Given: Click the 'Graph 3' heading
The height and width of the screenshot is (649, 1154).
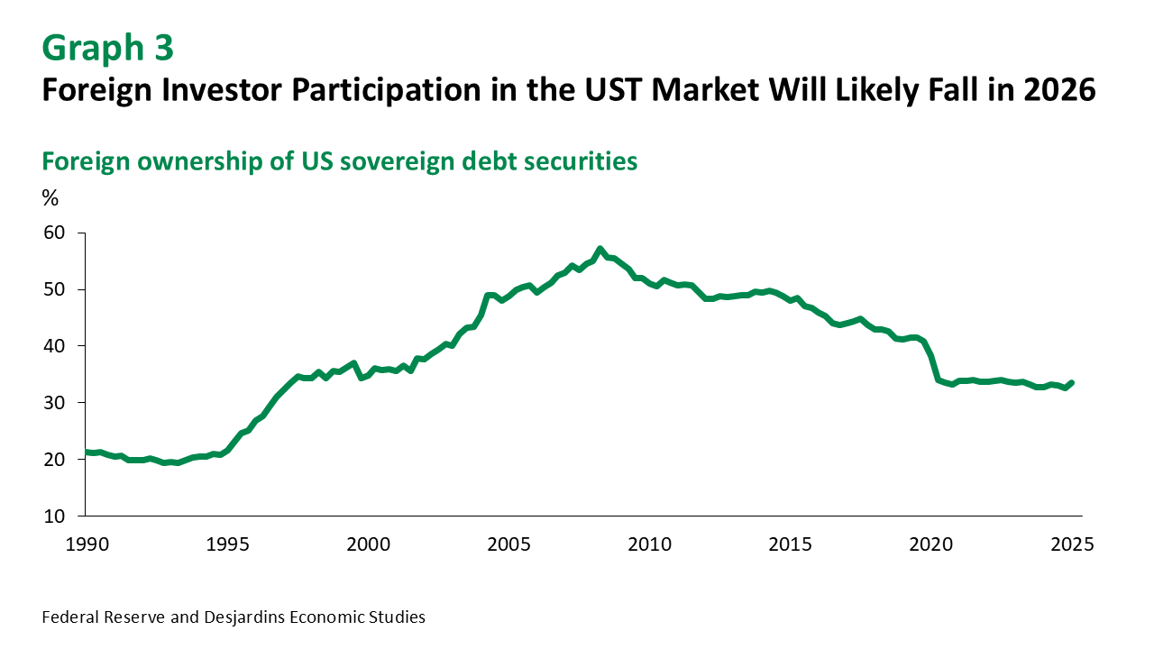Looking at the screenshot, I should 107,48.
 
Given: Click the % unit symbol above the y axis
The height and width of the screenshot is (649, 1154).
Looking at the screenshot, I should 50,199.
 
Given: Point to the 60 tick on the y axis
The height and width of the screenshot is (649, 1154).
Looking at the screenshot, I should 55,233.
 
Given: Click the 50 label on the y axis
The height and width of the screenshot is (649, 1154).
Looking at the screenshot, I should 55,289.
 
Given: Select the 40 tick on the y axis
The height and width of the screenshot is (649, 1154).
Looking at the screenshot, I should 55,346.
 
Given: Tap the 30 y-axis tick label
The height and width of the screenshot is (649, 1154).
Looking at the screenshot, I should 55,403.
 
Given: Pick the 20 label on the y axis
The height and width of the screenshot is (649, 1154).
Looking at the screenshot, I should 55,460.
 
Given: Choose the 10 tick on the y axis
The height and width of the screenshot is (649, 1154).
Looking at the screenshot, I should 55,516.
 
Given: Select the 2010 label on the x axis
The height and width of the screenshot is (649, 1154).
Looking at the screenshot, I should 649,544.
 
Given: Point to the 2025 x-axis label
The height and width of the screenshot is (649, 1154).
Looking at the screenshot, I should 1072,544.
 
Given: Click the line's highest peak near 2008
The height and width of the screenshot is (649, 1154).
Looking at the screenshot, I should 600,249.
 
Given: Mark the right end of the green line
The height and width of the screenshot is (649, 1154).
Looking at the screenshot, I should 1071,382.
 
